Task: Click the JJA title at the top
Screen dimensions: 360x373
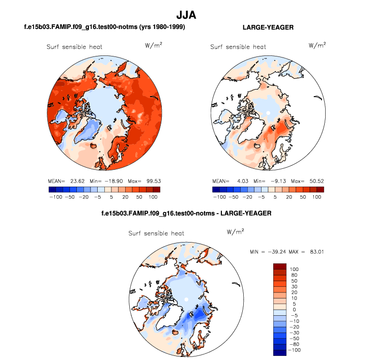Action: pos(186,16)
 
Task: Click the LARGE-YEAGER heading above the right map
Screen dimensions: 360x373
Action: pos(268,26)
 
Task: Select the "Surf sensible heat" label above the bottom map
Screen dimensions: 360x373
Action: pos(156,233)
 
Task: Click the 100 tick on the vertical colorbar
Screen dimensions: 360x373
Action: pos(295,269)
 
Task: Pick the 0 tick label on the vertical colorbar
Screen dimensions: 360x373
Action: pos(293,310)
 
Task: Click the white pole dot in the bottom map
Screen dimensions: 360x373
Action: pos(186,299)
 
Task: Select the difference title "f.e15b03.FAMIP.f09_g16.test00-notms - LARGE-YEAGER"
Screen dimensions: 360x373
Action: pos(187,213)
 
